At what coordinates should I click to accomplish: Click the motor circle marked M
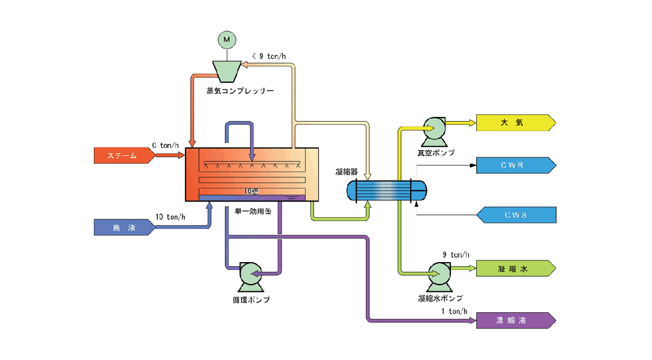227,39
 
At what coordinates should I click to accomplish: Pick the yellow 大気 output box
515,123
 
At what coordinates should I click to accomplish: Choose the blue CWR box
515,165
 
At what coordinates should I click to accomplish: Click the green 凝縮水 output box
515,269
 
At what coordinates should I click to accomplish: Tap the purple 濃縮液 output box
515,320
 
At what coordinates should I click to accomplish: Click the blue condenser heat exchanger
386,190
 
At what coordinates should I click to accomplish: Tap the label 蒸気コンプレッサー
240,91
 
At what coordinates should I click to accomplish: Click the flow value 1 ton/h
454,311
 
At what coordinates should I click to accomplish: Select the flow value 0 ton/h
166,145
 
